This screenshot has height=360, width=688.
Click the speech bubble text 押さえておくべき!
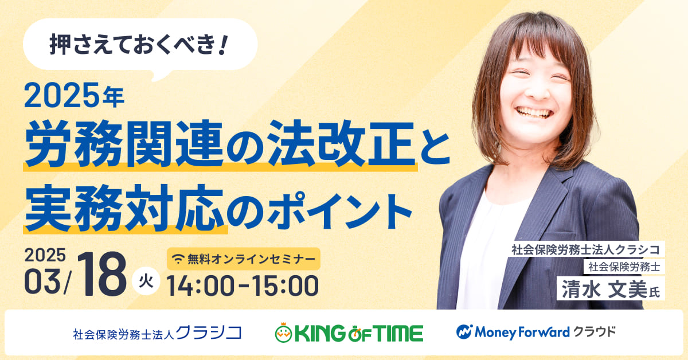pos(139,45)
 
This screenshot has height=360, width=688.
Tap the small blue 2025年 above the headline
pos(74,96)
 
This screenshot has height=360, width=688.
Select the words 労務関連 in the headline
pos(123,143)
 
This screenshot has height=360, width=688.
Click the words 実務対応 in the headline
pos(124,208)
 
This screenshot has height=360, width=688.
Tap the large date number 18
pos(101,275)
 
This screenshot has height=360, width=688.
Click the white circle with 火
pos(146,281)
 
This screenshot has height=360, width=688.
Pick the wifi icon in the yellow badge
pos(178,259)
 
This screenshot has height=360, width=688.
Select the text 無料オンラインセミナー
pos(252,259)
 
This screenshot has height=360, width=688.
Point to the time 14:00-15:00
pos(243,286)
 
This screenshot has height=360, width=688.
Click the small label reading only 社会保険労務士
pos(624,267)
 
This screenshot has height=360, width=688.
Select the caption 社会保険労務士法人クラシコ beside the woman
pos(586,249)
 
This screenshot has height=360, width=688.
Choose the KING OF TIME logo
pos(349,332)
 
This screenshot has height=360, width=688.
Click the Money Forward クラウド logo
pos(536,332)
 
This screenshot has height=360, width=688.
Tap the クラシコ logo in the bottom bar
pos(157,333)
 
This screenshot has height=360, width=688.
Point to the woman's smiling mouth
pos(534,112)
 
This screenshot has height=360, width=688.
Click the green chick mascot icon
pos(283,333)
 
